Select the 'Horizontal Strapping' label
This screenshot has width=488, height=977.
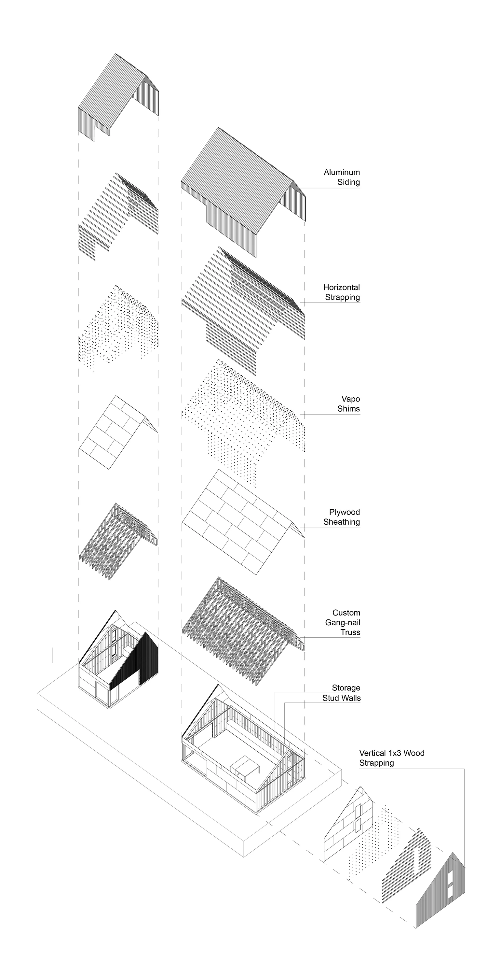click(x=341, y=292)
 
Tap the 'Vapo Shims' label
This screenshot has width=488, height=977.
click(x=348, y=404)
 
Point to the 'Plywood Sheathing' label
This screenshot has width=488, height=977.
click(x=341, y=517)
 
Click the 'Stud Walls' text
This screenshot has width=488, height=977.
click(x=341, y=698)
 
